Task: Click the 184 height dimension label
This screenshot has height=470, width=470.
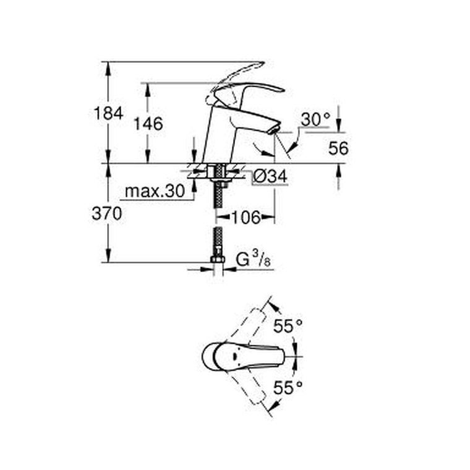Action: (x=108, y=113)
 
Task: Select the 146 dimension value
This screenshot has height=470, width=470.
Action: (x=148, y=124)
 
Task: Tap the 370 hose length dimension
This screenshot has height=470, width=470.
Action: (x=107, y=214)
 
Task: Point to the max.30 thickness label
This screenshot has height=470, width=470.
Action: (x=155, y=191)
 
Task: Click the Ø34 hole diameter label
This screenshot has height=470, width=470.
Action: (x=270, y=176)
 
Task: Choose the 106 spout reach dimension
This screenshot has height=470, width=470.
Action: (x=246, y=217)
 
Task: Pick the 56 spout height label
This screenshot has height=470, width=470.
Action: (x=338, y=148)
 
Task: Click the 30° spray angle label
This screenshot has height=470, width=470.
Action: (x=315, y=119)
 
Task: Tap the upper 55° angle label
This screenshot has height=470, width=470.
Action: (x=288, y=326)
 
